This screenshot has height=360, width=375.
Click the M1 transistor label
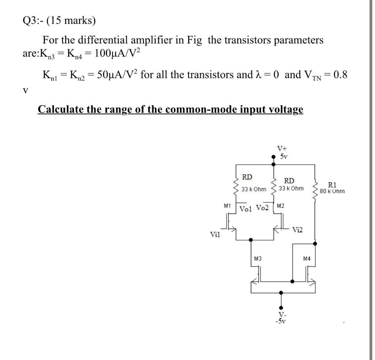pos(227,206)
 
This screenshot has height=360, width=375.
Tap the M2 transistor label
pos(281,206)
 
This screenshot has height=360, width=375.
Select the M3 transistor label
pos(257,259)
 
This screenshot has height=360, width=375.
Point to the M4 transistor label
pos(307,259)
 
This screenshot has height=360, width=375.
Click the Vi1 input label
pos(215,235)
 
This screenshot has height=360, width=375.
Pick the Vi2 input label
pos(298,230)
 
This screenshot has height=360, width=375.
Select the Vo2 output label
pos(262,208)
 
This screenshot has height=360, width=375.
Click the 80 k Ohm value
pos(332,191)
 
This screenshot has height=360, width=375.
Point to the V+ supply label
pos(282,149)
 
